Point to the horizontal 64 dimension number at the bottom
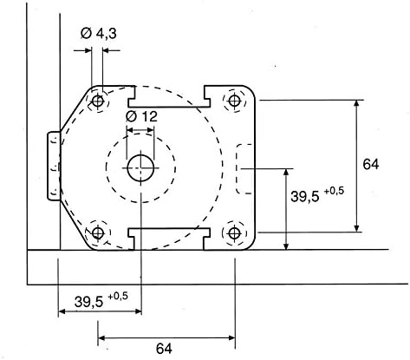164,348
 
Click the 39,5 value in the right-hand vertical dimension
303,197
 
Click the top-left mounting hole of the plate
98,101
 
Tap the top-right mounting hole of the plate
234,101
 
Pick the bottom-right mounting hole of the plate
234,233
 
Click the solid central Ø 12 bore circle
140,167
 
